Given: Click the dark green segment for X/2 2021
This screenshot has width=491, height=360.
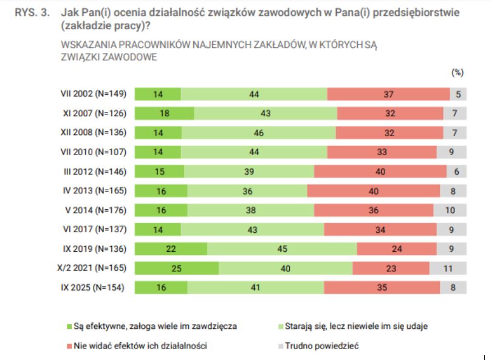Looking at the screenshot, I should click(x=176, y=268).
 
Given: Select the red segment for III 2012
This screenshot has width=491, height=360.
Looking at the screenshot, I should click(x=380, y=171).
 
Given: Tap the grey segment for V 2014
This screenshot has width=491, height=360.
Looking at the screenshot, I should click(x=450, y=210).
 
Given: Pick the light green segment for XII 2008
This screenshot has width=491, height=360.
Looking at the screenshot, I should click(x=259, y=133).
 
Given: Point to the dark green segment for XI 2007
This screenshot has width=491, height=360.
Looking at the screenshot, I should click(x=164, y=114).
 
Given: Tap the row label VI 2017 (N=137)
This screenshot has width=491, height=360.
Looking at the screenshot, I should click(x=94, y=229).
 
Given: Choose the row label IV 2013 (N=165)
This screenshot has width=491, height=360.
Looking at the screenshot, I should click(x=94, y=191).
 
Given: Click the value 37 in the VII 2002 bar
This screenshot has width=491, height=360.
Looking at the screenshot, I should click(x=389, y=94).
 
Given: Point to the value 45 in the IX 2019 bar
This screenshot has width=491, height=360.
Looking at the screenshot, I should click(x=282, y=249).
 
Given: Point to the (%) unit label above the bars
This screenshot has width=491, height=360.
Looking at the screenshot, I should click(x=457, y=72).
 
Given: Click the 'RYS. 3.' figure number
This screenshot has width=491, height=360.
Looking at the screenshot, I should click(x=31, y=12).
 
